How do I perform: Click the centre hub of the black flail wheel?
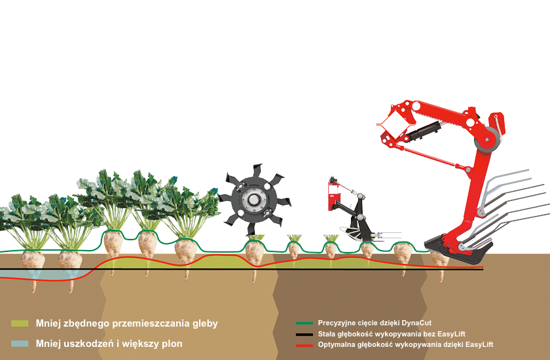253,200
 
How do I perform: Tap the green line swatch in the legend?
304,323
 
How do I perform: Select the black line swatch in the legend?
304,334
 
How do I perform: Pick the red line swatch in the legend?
304,346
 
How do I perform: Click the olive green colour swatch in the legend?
20,323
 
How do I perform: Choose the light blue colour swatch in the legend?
20,344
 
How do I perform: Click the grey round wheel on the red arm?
486,140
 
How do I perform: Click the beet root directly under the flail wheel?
254,258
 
